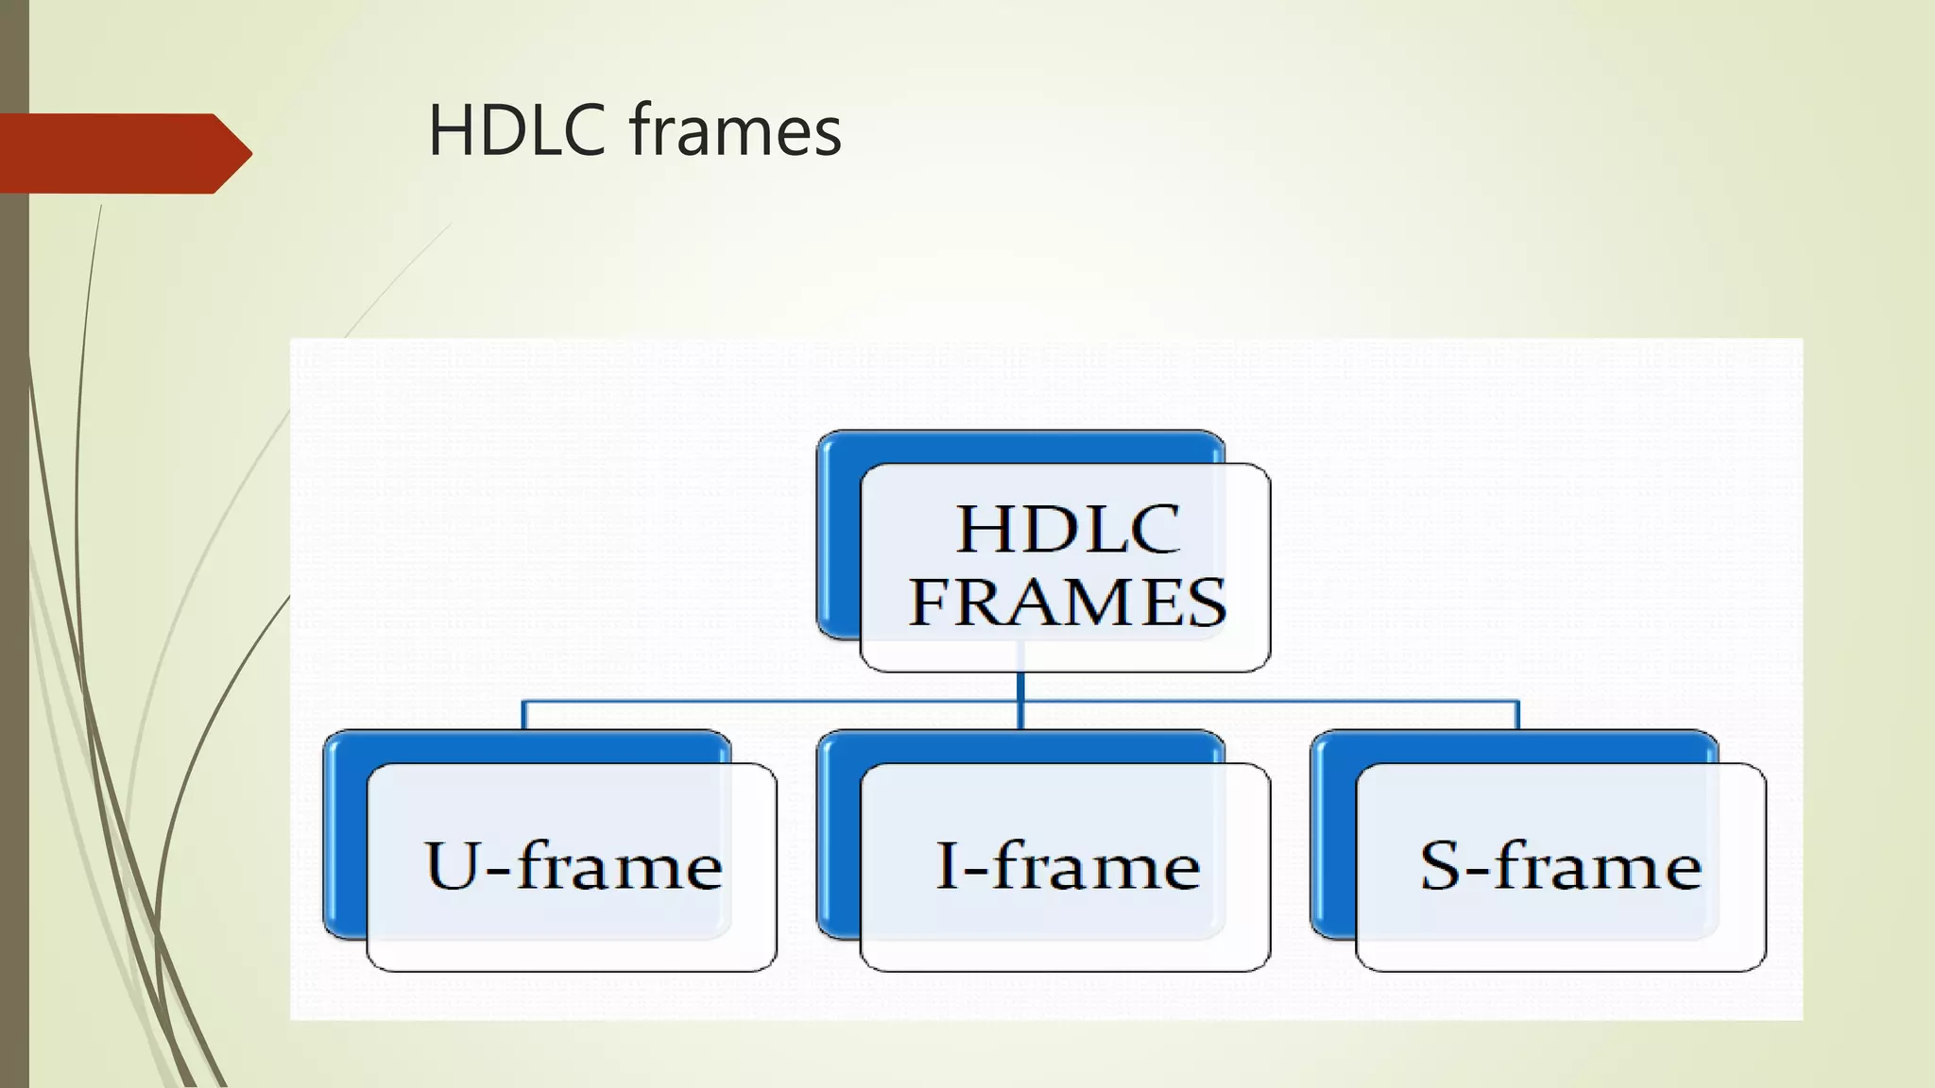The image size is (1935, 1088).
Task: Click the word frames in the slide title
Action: [x=735, y=130]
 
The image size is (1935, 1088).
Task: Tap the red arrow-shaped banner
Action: [x=113, y=153]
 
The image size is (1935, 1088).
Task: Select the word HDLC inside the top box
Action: [x=1068, y=529]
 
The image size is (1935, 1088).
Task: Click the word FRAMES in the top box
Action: [x=1068, y=603]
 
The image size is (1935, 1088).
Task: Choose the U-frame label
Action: [x=573, y=865]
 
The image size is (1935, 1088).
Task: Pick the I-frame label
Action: [x=1068, y=865]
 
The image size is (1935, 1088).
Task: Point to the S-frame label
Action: [x=1561, y=865]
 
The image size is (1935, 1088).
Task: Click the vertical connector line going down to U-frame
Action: [x=523, y=715]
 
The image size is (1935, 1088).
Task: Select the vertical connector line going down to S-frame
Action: [x=1517, y=715]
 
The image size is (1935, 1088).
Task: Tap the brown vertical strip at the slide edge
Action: [x=14, y=614]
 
